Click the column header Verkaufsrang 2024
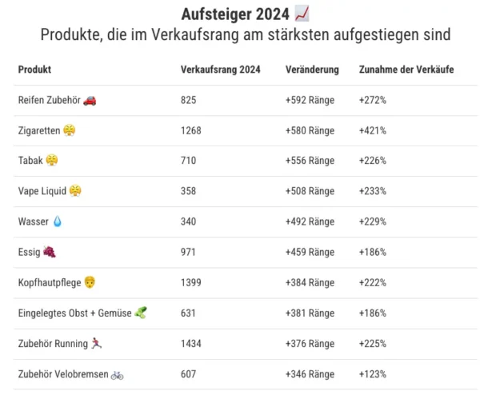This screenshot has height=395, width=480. pos(220,70)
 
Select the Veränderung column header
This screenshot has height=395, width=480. pos(312,70)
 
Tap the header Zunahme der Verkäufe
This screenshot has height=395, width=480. pos(406,70)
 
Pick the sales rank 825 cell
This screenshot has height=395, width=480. pos(189,100)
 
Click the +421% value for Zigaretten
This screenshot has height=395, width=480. pos(373,130)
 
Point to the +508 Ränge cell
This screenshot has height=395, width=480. pos(310,191)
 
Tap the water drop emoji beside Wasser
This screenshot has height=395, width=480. pos(57,221)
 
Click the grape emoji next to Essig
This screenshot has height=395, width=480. pos(50,252)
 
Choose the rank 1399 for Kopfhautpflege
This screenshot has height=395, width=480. pos(191,282)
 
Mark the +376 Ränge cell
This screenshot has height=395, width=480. pos(310,343)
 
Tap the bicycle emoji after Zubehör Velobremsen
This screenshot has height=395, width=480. pos(117,373)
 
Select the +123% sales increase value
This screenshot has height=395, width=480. pos(373,373)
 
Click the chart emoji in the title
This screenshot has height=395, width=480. pos(302,14)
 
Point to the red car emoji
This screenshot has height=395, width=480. pos(90,100)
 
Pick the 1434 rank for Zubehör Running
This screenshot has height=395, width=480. pos(191,343)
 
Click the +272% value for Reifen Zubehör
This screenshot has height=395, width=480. pos(373,100)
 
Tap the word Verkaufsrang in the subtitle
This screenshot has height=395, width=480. pos(198,35)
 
